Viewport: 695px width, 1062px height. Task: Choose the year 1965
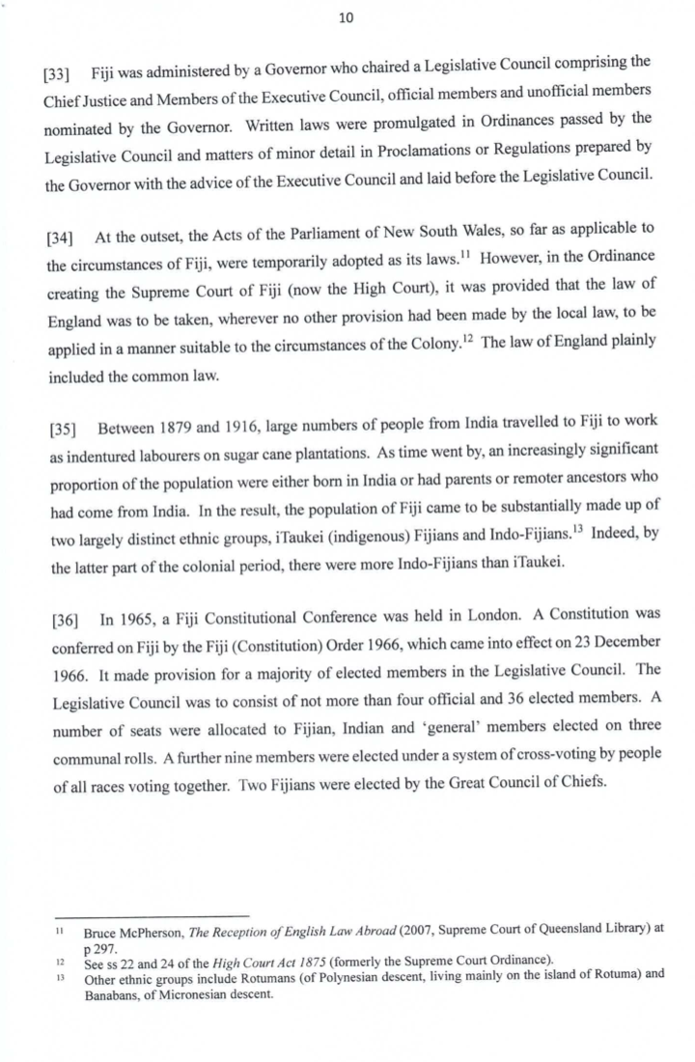(x=130, y=616)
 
